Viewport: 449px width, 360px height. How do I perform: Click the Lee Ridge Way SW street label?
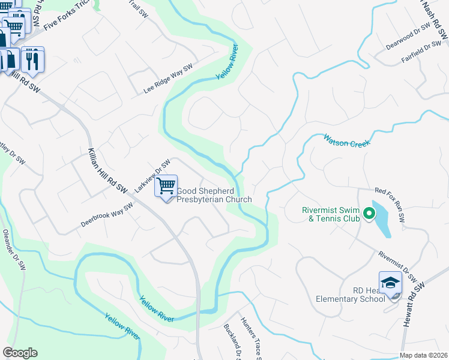(168, 79)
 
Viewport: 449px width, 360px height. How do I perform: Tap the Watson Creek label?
(348, 140)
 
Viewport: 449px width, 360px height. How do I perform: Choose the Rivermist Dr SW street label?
(398, 266)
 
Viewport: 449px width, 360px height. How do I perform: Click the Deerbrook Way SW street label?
(107, 215)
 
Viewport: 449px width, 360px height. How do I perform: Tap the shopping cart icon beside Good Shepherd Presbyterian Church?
(166, 186)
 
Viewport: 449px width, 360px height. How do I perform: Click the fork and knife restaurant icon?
(32, 59)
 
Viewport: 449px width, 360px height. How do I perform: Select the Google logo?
(20, 353)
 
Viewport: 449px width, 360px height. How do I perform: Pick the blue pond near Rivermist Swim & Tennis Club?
(381, 219)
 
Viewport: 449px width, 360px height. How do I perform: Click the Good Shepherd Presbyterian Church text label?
(213, 196)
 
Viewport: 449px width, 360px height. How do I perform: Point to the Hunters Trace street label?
(250, 339)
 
